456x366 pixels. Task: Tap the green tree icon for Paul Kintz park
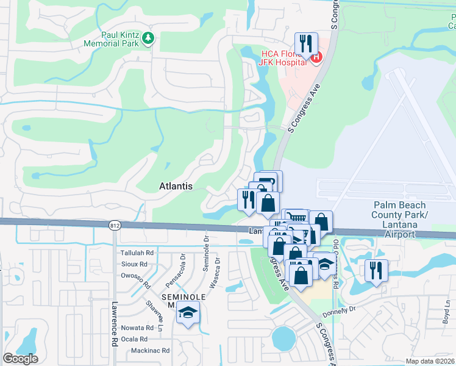148,39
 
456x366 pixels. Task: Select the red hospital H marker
316,58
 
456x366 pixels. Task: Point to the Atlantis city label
176,185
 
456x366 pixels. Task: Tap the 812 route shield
115,225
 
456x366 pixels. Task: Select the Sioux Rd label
134,265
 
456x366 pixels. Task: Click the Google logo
20,359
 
